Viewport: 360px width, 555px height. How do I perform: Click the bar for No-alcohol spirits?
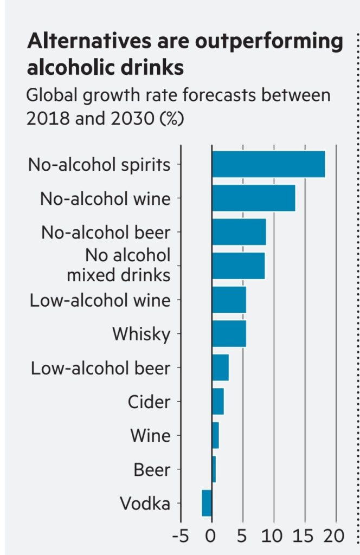pyautogui.click(x=268, y=164)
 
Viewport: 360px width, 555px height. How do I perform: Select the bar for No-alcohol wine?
pyautogui.click(x=253, y=198)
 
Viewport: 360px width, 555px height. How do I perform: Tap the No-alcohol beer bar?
pyautogui.click(x=239, y=232)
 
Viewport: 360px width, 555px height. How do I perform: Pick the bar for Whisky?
pyautogui.click(x=229, y=334)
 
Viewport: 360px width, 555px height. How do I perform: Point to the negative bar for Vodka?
pyautogui.click(x=207, y=503)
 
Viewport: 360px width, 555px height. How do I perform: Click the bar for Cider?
pyautogui.click(x=217, y=402)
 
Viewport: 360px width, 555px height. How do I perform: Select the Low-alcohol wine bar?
pyautogui.click(x=229, y=300)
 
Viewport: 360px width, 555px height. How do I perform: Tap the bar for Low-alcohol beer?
pyautogui.click(x=220, y=368)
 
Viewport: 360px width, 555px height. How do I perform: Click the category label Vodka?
pyautogui.click(x=145, y=504)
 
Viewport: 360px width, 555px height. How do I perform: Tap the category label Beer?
pyautogui.click(x=152, y=470)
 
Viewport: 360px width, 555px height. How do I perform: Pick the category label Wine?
pyautogui.click(x=150, y=436)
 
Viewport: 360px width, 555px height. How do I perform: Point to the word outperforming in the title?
pyautogui.click(x=274, y=43)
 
